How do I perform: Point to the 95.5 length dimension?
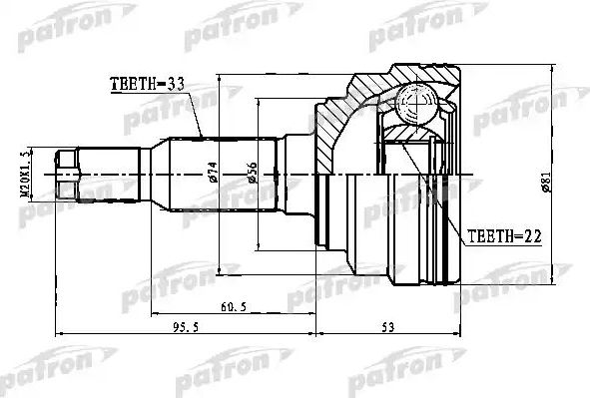(181, 325)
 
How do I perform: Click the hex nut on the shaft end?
(67, 175)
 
